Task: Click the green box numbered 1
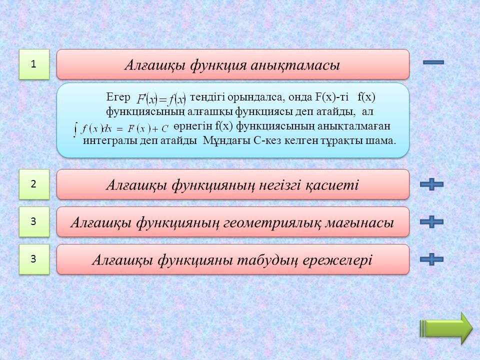[34, 64]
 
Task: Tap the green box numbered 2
[34, 184]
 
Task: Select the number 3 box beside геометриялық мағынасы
[34, 221]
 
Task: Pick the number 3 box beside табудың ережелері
[34, 259]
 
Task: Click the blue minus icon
[433, 62]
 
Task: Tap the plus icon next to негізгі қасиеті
[431, 184]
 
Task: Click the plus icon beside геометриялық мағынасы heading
[431, 221]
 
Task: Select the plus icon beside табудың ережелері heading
[431, 259]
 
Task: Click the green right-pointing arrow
[446, 328]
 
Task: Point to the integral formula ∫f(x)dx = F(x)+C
[121, 128]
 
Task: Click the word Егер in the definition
[118, 97]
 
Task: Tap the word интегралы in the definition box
[108, 141]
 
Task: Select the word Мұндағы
[227, 141]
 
